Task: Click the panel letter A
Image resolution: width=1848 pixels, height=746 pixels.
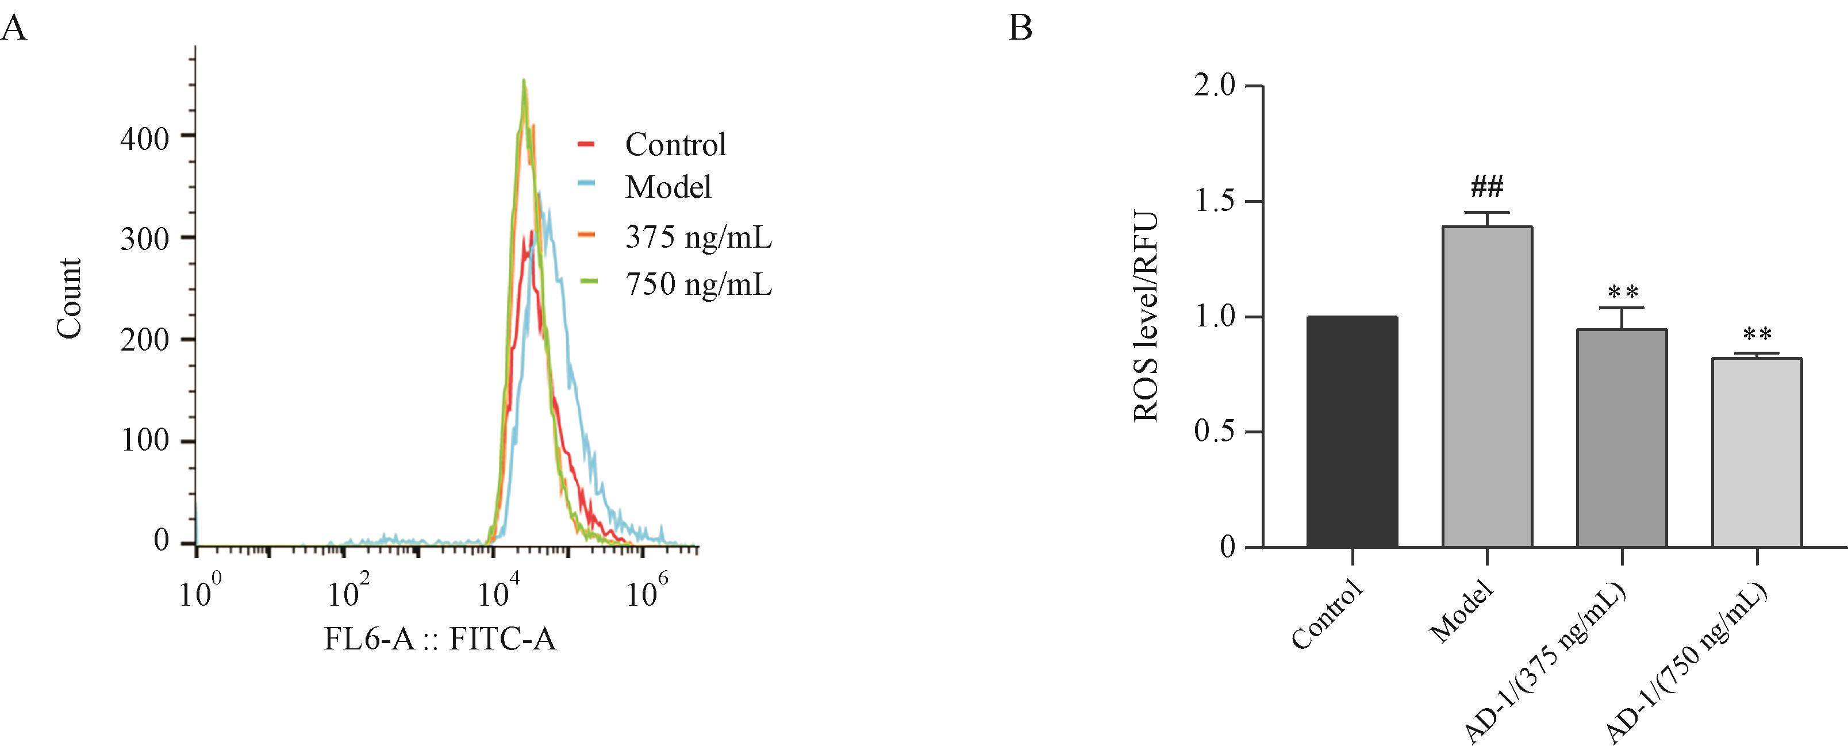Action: [x=14, y=29]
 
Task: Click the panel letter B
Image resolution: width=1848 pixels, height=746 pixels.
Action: [x=1020, y=29]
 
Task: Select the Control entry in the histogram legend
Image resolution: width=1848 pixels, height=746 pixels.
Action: [x=675, y=145]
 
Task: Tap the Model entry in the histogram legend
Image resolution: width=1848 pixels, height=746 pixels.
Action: [x=668, y=187]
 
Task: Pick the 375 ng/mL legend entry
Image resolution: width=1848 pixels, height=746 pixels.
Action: [x=698, y=237]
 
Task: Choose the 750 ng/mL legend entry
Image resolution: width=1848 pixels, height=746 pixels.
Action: [x=698, y=284]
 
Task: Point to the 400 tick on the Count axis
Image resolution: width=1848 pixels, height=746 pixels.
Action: [x=144, y=139]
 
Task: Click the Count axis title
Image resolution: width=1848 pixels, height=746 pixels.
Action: [x=70, y=298]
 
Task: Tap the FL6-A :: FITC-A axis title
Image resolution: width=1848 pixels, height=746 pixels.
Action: [x=440, y=639]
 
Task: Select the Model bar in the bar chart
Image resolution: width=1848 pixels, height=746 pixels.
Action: [x=1486, y=387]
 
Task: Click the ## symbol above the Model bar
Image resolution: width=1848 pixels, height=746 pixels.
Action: [x=1486, y=188]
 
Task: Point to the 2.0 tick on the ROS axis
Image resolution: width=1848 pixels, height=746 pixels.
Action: [x=1215, y=87]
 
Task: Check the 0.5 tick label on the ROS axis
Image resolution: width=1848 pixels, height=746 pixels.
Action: [x=1215, y=433]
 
